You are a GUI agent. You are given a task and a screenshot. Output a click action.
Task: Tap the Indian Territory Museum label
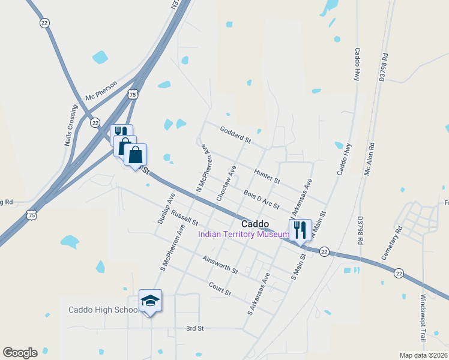240,235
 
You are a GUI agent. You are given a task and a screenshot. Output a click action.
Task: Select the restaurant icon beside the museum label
299,229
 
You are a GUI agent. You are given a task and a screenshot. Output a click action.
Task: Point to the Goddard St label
235,134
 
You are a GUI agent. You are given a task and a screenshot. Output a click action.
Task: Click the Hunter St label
267,176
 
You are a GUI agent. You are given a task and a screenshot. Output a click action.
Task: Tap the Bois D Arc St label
262,199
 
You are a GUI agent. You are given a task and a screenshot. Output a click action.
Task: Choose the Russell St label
184,217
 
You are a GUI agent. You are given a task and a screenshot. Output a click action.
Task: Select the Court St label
220,289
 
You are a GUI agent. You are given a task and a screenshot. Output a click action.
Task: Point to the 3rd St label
195,329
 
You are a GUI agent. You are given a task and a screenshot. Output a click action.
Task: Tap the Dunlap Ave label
166,208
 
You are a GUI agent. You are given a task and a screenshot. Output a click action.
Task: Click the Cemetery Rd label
391,242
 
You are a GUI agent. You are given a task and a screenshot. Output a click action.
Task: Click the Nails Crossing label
71,125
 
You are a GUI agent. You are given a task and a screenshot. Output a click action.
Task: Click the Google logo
20,353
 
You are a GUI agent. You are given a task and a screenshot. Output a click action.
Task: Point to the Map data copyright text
423,355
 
